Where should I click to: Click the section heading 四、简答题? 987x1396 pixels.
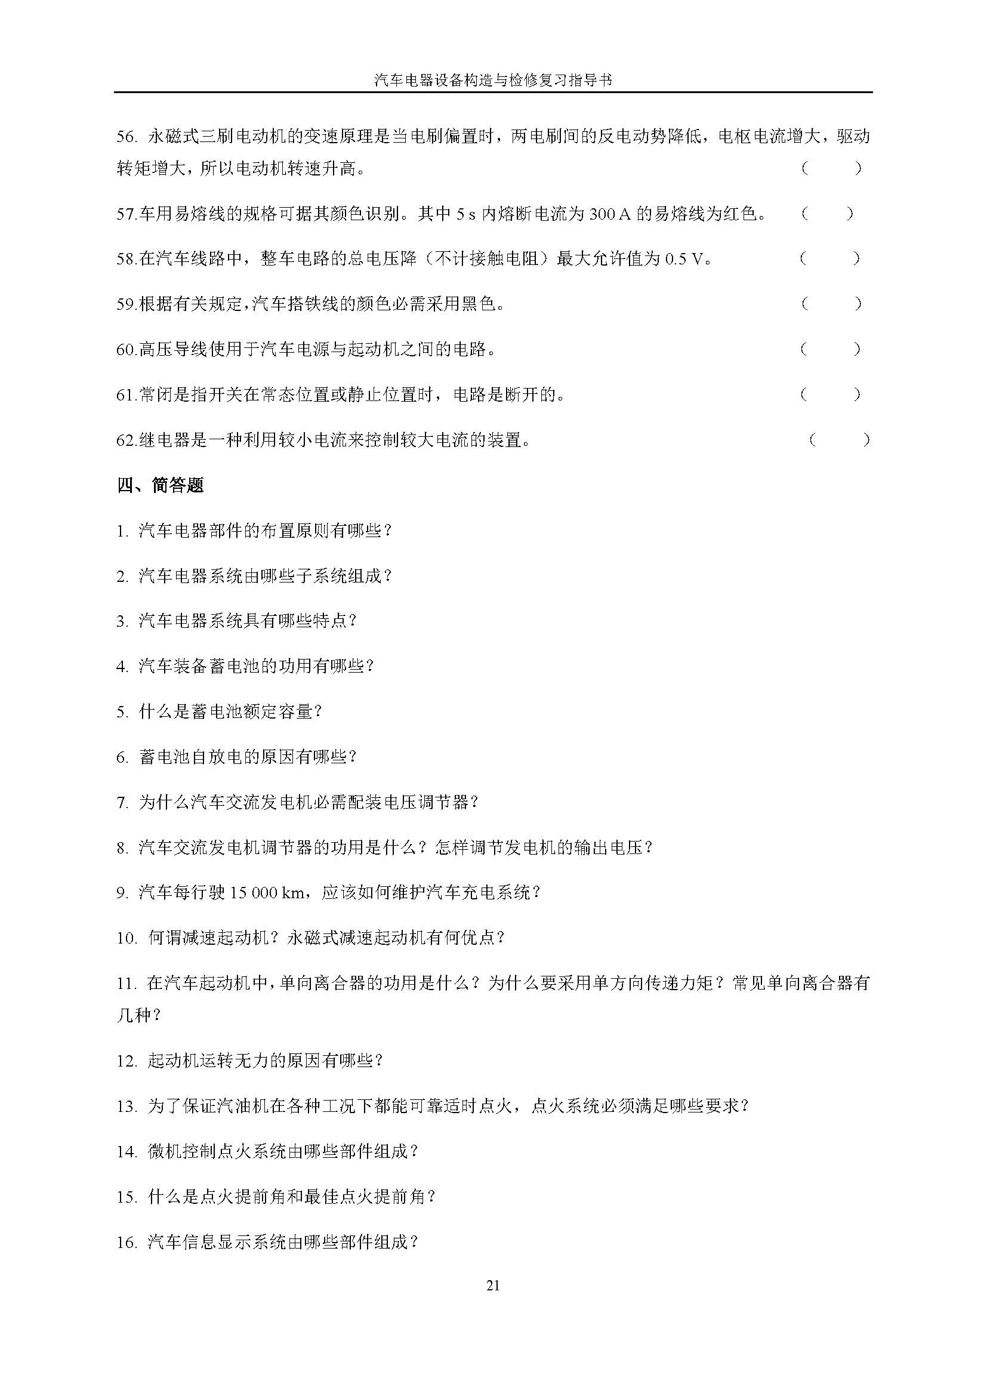[161, 485]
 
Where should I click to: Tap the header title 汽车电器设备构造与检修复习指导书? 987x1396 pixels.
[493, 80]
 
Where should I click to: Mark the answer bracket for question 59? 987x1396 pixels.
[830, 303]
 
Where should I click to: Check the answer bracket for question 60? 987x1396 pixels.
[830, 349]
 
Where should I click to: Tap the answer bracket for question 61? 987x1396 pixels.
[830, 395]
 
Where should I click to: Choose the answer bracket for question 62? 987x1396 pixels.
[838, 440]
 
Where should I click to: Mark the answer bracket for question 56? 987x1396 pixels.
[830, 168]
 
